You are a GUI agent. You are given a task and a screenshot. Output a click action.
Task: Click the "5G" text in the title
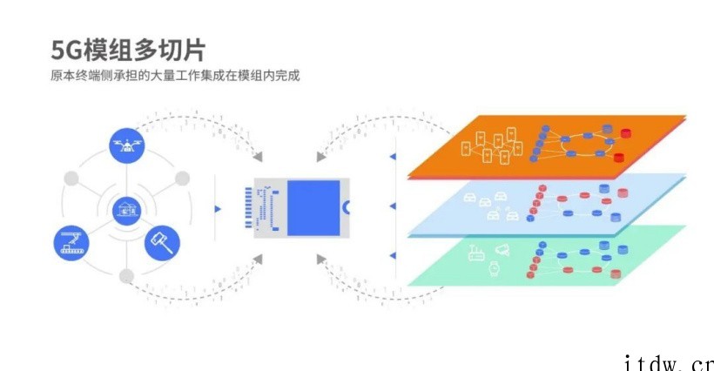[67, 50]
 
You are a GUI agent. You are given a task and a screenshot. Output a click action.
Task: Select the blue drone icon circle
[127, 145]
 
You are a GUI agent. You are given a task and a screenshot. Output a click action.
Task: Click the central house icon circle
[126, 211]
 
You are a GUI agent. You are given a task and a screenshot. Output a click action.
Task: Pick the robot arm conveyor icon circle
[71, 243]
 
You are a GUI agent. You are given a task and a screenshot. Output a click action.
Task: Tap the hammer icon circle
[162, 243]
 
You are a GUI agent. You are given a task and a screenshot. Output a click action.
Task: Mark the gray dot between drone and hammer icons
[182, 179]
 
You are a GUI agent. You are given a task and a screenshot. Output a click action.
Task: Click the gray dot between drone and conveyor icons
[71, 179]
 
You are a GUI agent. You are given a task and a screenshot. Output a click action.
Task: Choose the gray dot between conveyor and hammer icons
[126, 276]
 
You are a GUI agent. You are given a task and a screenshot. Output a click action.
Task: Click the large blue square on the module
[313, 208]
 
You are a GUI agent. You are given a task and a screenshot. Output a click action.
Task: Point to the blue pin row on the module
[248, 207]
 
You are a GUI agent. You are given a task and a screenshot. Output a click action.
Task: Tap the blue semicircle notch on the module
[346, 207]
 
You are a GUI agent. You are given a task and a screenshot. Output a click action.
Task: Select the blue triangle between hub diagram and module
[218, 209]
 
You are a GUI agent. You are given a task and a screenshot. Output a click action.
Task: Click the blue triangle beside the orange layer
[393, 157]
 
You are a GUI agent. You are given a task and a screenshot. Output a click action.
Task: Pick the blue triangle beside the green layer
[393, 256]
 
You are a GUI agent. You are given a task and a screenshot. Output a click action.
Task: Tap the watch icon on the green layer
[494, 268]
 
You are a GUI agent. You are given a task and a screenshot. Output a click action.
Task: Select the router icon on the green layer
[475, 253]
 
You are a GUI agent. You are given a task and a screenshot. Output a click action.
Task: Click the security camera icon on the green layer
[502, 250]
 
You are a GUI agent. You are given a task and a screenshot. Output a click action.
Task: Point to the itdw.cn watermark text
[669, 363]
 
